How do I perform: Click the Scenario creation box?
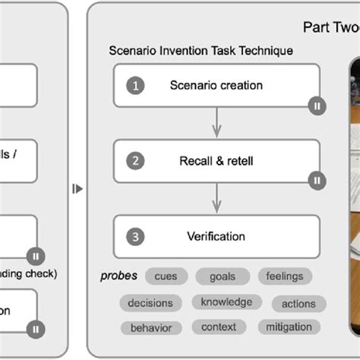(x=216, y=85)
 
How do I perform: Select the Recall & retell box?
(x=216, y=160)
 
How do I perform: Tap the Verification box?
(x=216, y=236)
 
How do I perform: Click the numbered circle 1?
(x=136, y=86)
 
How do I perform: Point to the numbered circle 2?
(x=136, y=161)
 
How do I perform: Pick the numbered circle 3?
(x=136, y=236)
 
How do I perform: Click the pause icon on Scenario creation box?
(x=316, y=106)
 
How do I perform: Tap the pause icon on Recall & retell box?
(x=316, y=181)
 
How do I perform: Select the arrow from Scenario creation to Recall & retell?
(x=216, y=122)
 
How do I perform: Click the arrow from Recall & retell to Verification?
(x=216, y=197)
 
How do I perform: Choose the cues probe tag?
(x=166, y=276)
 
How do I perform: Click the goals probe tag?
(x=222, y=276)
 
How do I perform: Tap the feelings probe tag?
(x=285, y=276)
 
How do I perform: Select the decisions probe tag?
(x=150, y=303)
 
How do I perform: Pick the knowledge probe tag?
(x=226, y=302)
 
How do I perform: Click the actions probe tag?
(x=298, y=303)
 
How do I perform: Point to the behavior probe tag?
(x=150, y=328)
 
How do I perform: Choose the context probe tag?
(x=218, y=327)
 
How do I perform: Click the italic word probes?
(x=118, y=276)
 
